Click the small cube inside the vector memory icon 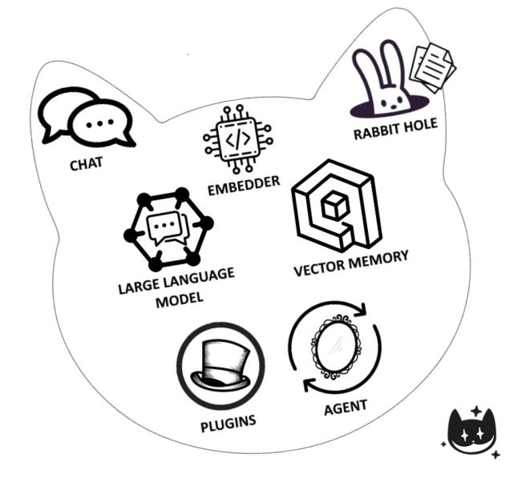tap(330, 207)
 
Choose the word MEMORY tap(378, 259)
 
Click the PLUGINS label tap(229, 421)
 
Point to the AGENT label tap(345, 406)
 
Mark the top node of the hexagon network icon tap(182, 194)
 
